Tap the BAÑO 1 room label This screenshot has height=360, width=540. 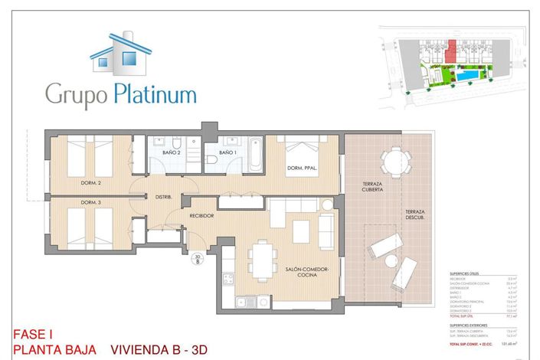227,153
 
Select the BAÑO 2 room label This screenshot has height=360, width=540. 171,153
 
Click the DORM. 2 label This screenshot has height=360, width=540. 91,183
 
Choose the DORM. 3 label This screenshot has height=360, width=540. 91,202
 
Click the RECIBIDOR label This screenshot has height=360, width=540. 201,216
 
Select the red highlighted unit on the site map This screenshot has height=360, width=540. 451,52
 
